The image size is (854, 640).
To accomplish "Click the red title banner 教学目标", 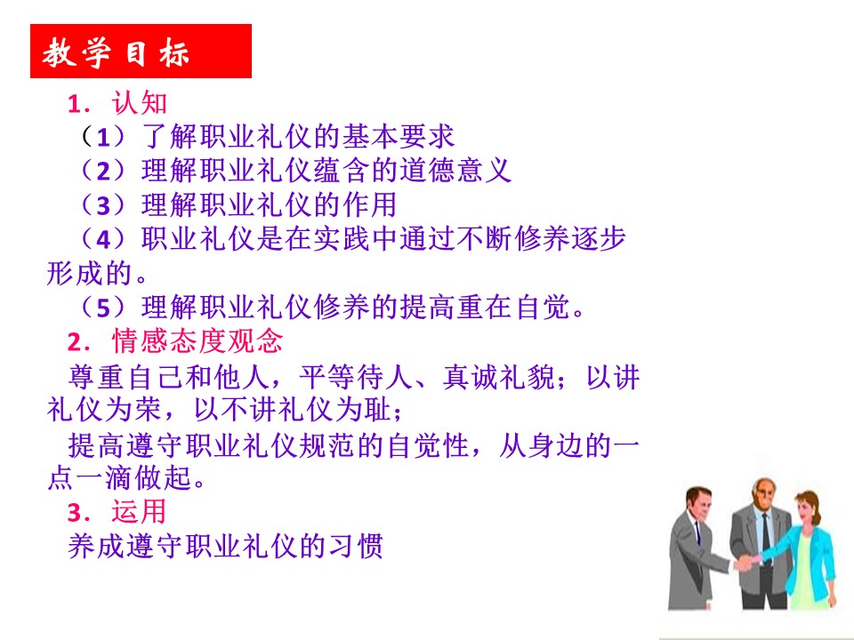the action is pos(141,52).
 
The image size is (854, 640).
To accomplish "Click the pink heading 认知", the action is pos(139,102).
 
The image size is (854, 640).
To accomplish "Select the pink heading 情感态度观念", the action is pos(197,341).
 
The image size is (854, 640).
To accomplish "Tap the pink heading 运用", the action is pos(139,512).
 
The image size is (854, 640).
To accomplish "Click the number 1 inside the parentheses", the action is pos(103,137).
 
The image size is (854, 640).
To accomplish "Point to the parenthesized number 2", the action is pos(103,171).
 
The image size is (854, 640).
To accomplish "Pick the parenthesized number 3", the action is pos(103,205).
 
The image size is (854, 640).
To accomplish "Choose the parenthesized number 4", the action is pos(103,239).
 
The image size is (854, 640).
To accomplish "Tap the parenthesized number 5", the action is pos(103,308).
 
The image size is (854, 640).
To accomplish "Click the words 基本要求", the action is pos(398,137).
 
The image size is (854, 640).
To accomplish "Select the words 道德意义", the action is pos(455,171).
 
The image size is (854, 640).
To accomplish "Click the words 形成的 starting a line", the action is pos(89,273).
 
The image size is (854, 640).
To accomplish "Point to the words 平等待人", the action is pos(356,376).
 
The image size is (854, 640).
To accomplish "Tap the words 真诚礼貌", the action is pos(499,376).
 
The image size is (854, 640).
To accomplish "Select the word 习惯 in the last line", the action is pos(356,546).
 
